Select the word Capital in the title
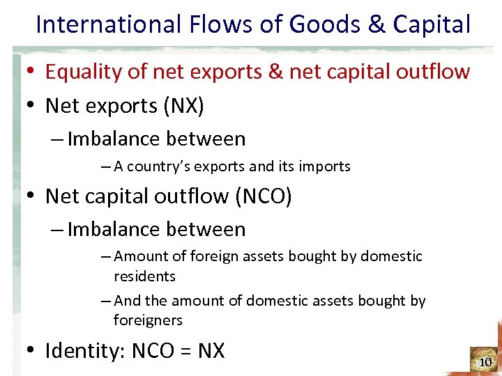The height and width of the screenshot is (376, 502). (x=432, y=25)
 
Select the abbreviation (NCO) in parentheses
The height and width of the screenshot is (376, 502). (x=264, y=196)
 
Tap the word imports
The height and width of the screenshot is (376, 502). (x=326, y=166)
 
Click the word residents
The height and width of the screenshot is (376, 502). (x=144, y=276)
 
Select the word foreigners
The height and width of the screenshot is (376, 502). (x=148, y=320)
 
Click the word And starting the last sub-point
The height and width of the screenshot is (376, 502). (x=127, y=301)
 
